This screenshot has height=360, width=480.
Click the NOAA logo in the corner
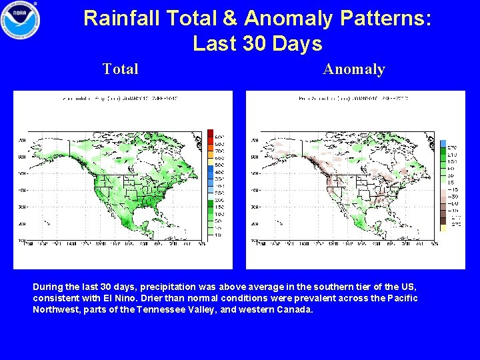tap(21, 19)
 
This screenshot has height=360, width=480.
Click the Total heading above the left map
tap(121, 69)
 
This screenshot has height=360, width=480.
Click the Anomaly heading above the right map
tap(354, 69)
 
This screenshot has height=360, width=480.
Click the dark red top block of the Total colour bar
tap(211, 132)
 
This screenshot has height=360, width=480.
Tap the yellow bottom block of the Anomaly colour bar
tap(443, 227)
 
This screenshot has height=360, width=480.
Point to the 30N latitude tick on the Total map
tap(22, 207)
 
